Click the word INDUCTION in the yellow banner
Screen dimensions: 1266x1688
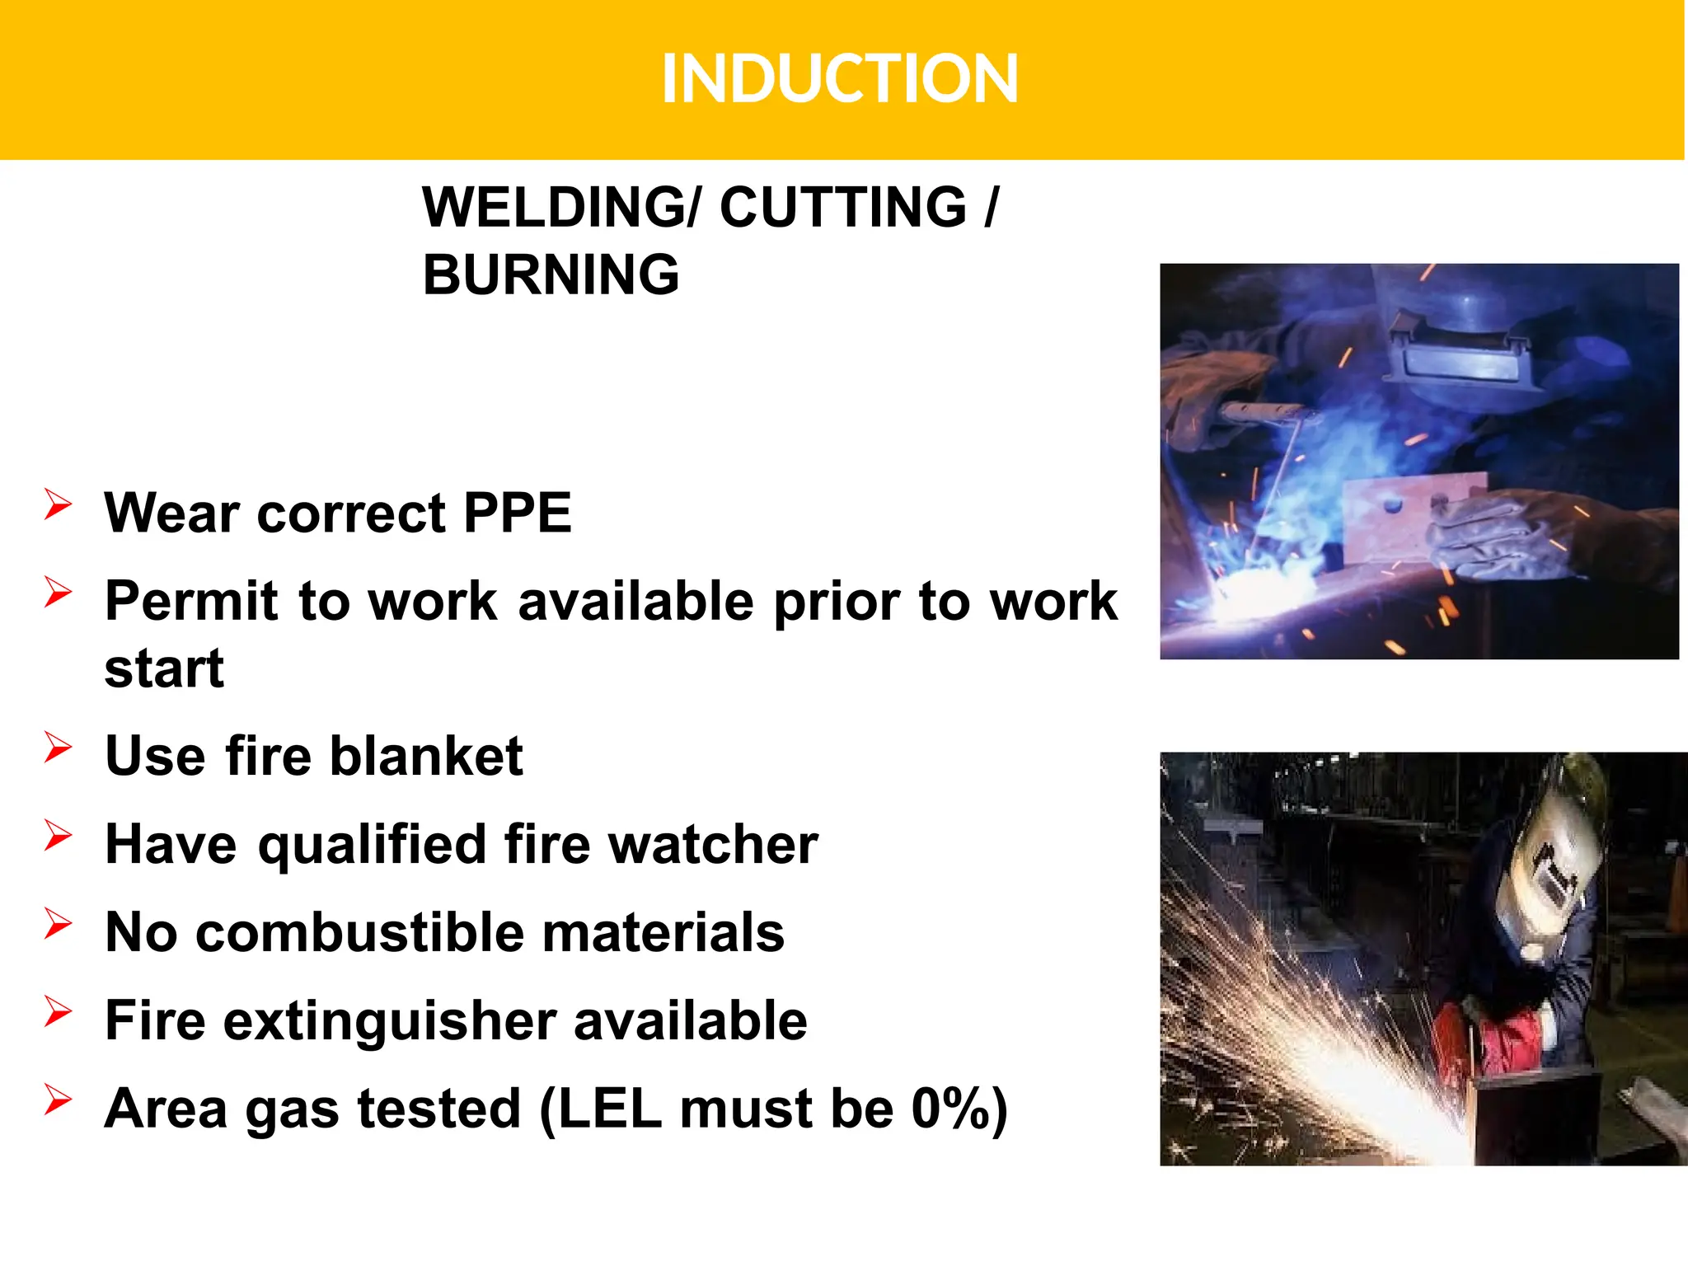pos(840,79)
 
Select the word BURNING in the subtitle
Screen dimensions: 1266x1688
pos(551,274)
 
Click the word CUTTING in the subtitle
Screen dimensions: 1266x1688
pos(843,207)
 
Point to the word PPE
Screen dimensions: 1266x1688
pos(518,513)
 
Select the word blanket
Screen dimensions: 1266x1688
pos(427,756)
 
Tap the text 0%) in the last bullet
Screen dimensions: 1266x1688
pos(959,1109)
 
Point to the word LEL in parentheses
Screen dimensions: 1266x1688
pos(610,1109)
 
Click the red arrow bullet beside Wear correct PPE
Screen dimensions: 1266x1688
pos(58,504)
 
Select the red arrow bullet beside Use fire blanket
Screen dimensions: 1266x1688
pos(58,747)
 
